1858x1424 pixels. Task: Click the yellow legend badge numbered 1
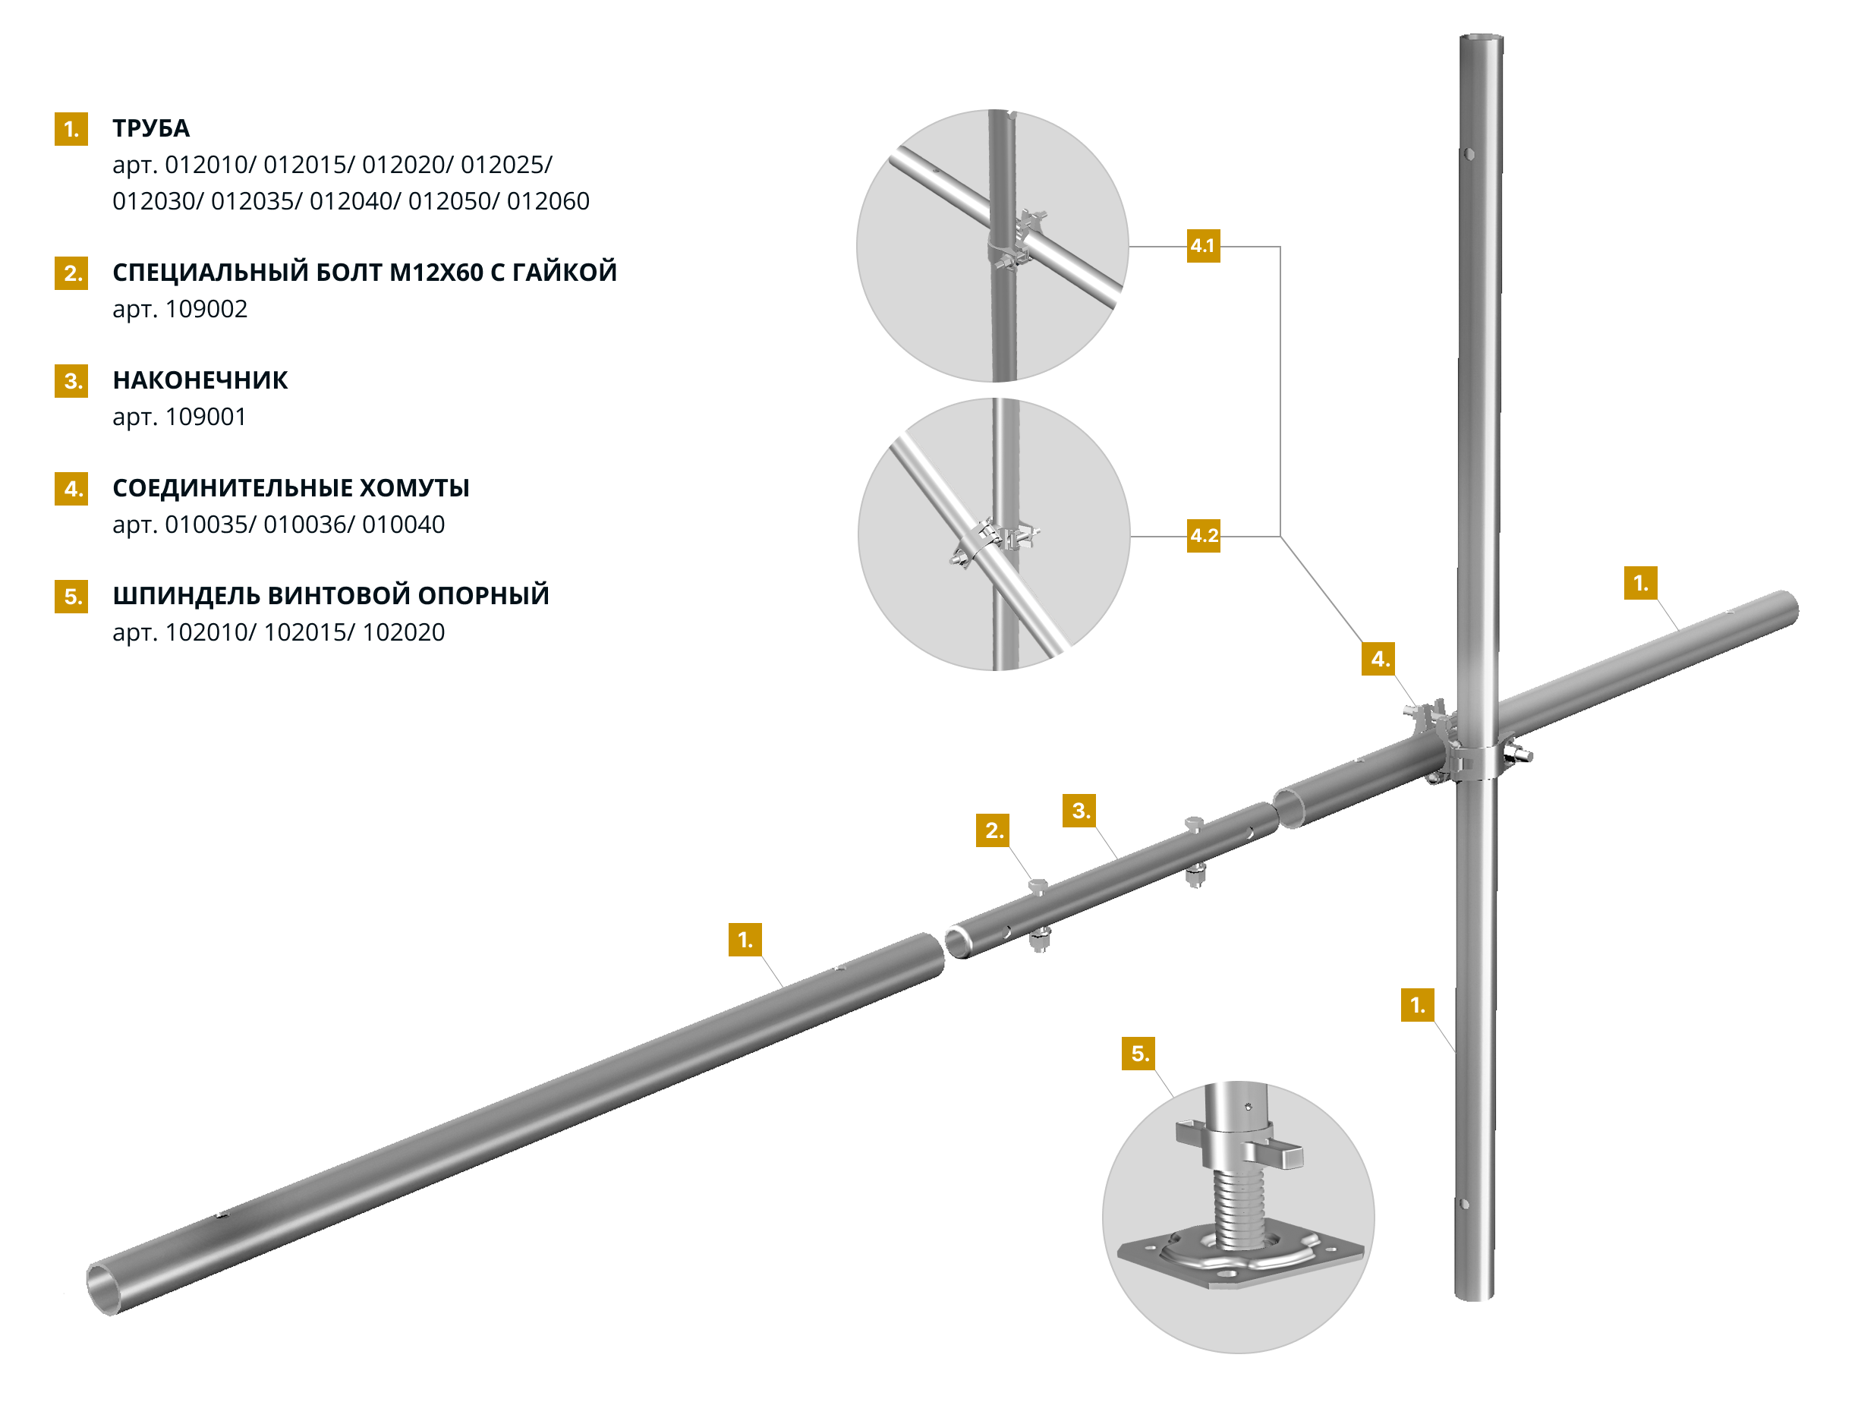coord(71,129)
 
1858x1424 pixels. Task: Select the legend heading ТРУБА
coord(151,128)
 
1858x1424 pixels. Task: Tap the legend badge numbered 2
coord(71,273)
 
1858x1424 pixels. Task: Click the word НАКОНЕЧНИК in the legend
coord(200,380)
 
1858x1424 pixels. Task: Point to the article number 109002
coord(206,308)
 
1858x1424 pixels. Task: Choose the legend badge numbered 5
coord(71,596)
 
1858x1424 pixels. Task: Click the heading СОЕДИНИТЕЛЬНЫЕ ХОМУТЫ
coord(291,487)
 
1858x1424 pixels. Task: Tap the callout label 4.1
coord(1203,246)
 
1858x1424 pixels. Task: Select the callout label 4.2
coord(1204,536)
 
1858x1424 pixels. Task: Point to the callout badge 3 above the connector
coord(1079,811)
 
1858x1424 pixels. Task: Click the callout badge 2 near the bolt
coord(993,830)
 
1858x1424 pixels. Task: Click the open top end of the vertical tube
coord(1481,38)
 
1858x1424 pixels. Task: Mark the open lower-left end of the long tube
coord(101,1287)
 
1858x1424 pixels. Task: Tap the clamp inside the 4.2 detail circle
coord(997,543)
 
